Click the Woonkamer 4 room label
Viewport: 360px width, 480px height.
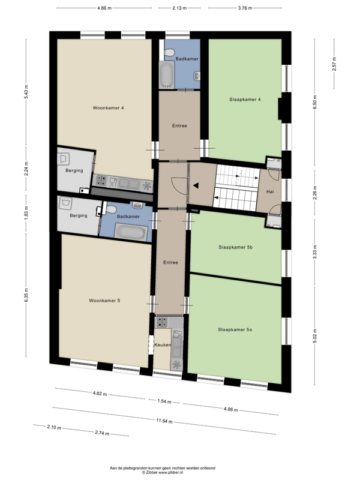click(109, 108)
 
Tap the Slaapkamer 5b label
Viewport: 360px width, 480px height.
click(235, 247)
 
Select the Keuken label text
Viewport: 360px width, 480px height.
click(163, 345)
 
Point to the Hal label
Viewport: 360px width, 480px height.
click(270, 192)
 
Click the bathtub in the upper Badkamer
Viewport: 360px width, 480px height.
click(167, 74)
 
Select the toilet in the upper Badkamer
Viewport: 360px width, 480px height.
click(169, 54)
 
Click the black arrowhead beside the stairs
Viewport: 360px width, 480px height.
click(196, 185)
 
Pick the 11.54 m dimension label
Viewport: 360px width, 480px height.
click(164, 421)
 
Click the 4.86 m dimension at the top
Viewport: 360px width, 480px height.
click(104, 8)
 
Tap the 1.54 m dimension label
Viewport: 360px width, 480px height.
click(164, 401)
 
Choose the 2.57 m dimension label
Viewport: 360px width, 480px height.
click(334, 64)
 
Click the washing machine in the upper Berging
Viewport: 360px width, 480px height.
click(64, 158)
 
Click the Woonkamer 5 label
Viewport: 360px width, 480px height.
click(104, 301)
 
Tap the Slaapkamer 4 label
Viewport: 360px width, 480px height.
click(245, 100)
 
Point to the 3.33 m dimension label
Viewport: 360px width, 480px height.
click(315, 252)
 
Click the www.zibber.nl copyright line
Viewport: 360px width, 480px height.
click(163, 472)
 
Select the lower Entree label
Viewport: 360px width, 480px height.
click(170, 262)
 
